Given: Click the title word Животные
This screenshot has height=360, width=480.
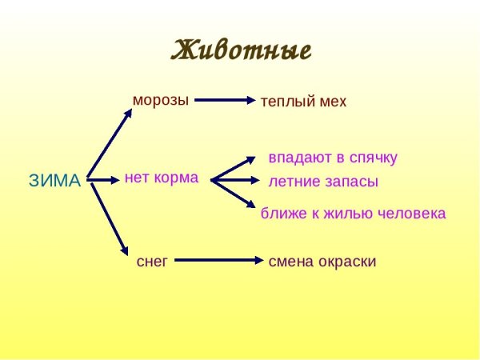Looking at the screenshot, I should pyautogui.click(x=241, y=50).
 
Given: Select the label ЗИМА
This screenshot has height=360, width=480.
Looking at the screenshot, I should pyautogui.click(x=55, y=181).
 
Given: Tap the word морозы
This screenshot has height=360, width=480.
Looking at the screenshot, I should pyautogui.click(x=161, y=101).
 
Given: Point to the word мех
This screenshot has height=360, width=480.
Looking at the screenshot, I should pyautogui.click(x=332, y=102).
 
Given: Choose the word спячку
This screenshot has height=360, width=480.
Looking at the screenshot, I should pyautogui.click(x=371, y=158).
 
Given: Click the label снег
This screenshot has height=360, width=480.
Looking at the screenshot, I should pyautogui.click(x=152, y=262).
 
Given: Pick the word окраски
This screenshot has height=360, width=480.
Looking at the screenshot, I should pyautogui.click(x=344, y=262).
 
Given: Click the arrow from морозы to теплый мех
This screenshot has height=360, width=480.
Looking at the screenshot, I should pyautogui.click(x=224, y=100).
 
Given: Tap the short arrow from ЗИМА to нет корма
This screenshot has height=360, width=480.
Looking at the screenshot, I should pyautogui.click(x=103, y=180).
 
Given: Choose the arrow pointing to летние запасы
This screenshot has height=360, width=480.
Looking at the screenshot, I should pyautogui.click(x=236, y=180).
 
